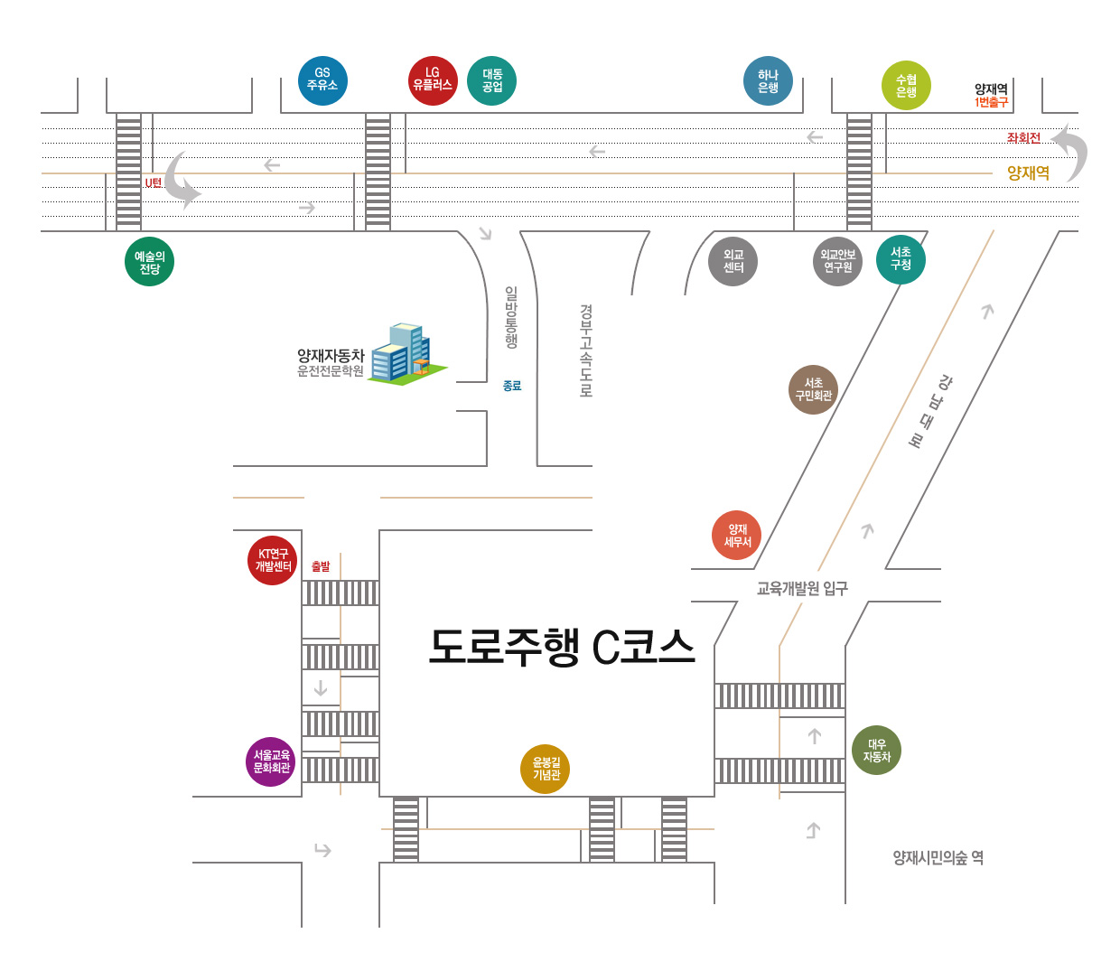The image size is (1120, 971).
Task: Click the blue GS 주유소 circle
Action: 322,80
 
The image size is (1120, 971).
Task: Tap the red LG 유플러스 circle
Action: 433,80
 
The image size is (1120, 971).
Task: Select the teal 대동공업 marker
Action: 492,81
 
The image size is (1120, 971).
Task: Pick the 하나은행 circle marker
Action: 768,81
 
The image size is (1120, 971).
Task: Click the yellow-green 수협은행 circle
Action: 906,86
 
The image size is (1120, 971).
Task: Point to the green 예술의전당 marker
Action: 149,262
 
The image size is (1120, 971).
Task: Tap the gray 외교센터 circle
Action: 733,262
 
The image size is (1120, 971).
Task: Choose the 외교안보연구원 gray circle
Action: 837,262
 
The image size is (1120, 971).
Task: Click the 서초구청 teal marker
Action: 901,259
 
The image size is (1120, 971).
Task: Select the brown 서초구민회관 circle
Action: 813,389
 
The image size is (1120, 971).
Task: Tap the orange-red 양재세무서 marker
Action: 737,536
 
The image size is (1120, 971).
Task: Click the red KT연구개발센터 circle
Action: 272,560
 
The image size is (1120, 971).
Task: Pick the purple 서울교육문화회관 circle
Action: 271,761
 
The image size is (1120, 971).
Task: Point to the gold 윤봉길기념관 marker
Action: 546,769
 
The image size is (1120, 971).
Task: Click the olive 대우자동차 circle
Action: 876,751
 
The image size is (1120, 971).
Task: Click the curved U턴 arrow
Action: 182,181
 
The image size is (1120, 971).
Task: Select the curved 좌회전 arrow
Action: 1071,152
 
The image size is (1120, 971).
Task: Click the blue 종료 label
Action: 512,386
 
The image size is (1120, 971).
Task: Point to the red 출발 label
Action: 321,566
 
